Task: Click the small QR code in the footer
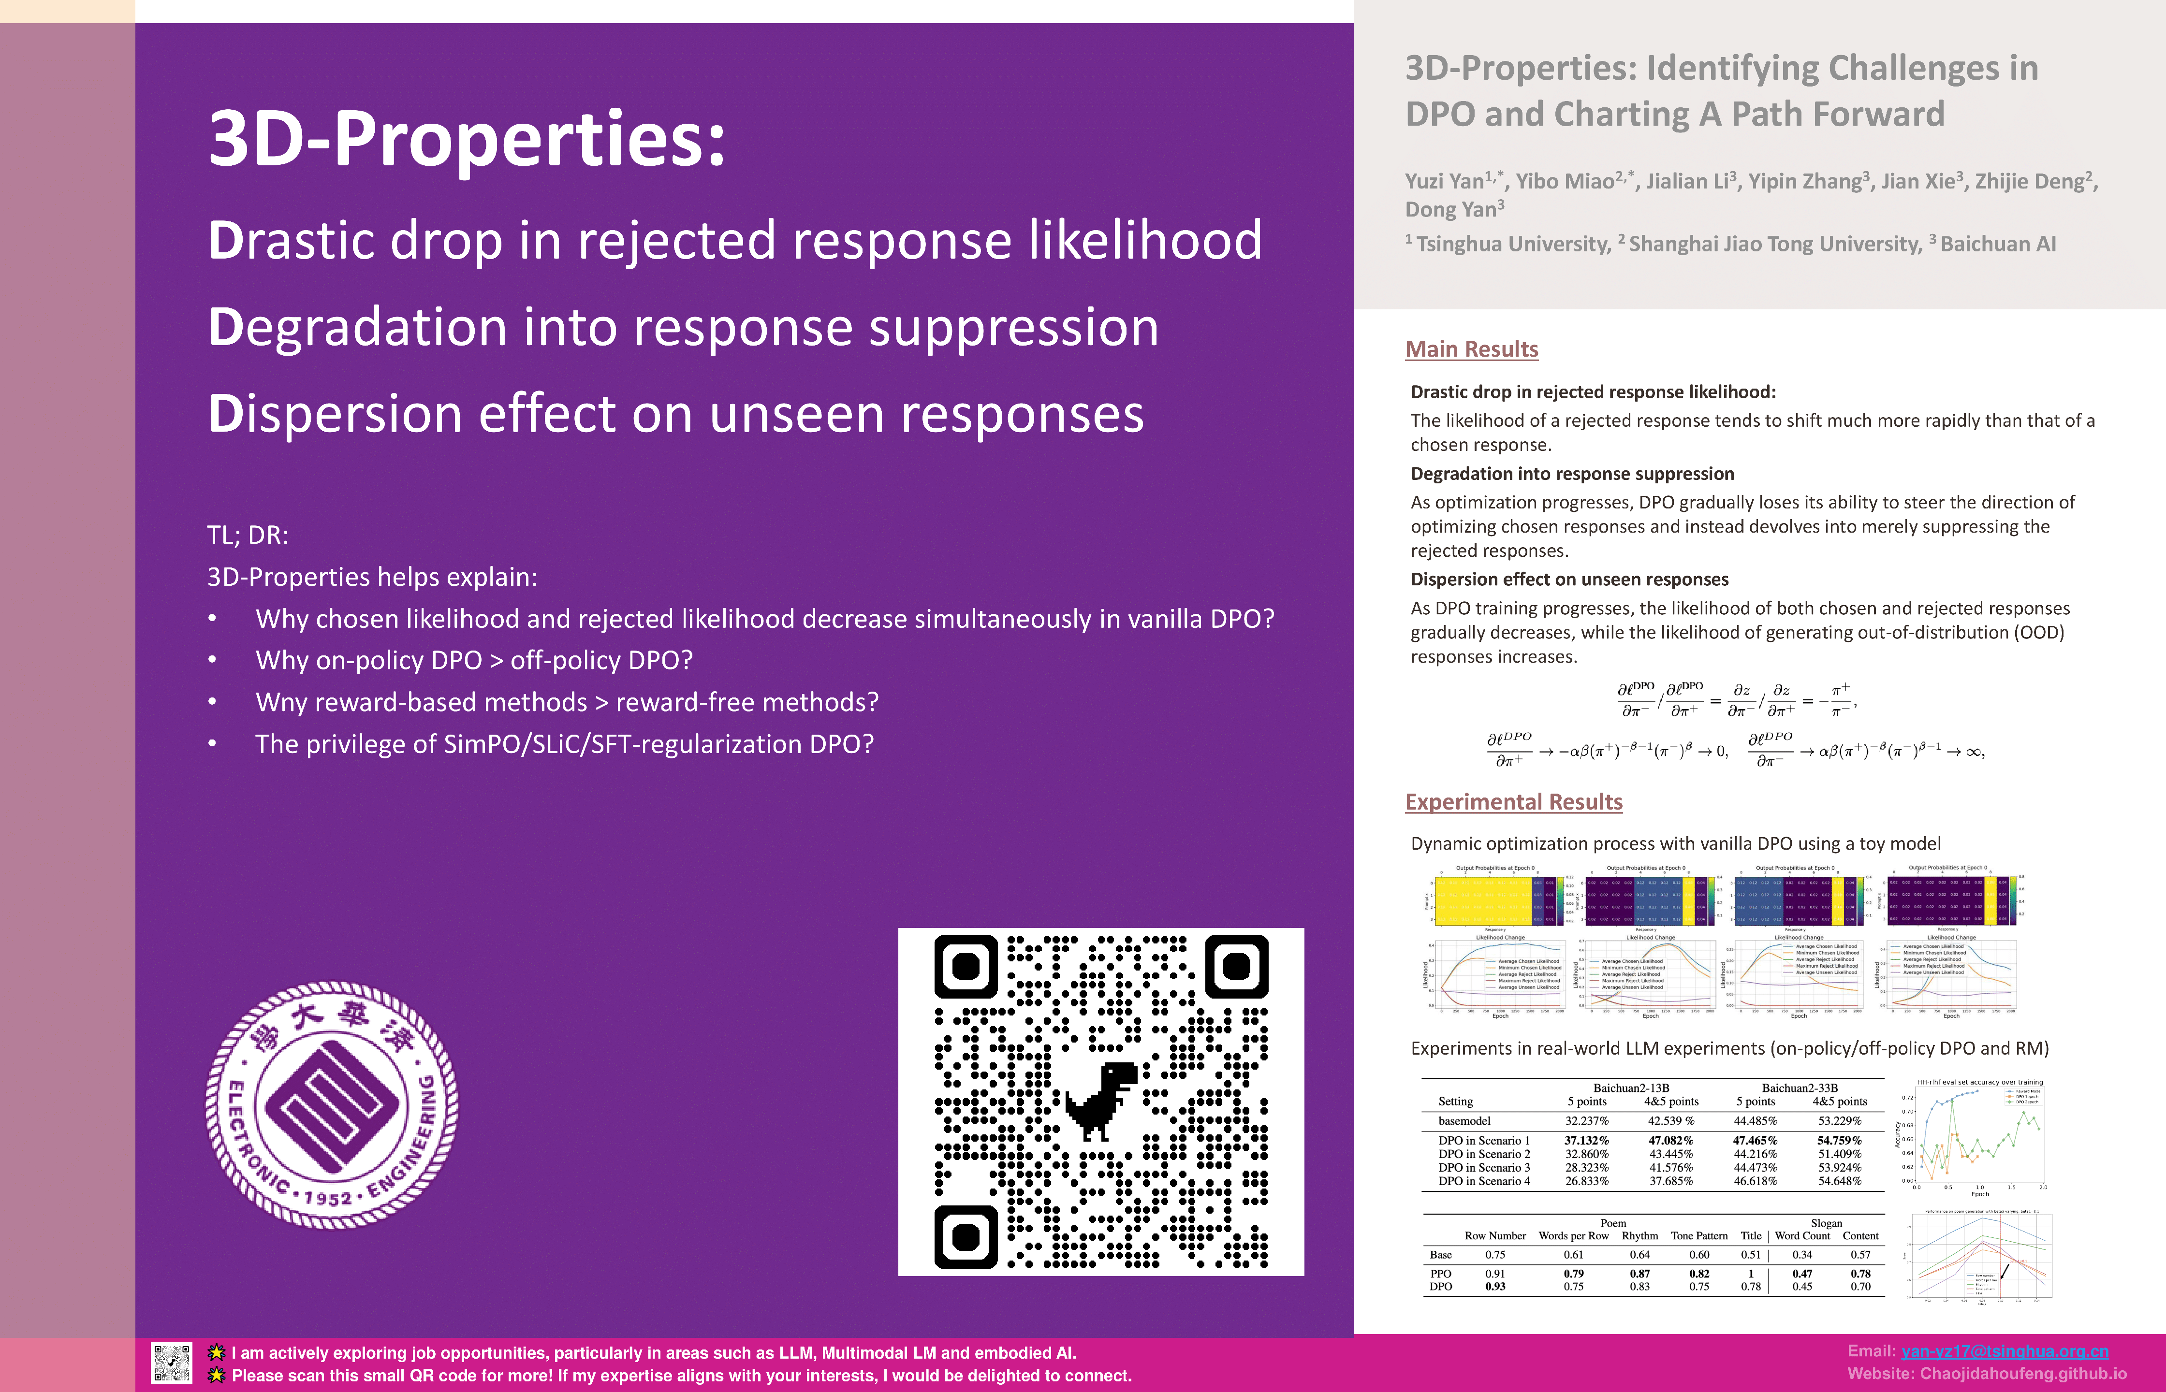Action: click(x=172, y=1363)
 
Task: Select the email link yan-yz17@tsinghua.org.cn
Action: click(x=2004, y=1351)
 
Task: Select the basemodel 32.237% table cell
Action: click(x=1586, y=1121)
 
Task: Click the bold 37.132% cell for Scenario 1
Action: click(x=1586, y=1141)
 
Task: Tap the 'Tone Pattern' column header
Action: click(x=1698, y=1235)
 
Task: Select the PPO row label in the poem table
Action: click(x=1441, y=1274)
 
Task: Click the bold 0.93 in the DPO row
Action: click(x=1495, y=1286)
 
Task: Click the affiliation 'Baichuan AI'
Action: click(x=1998, y=244)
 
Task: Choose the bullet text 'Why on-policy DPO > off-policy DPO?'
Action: click(x=474, y=661)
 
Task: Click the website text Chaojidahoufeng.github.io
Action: click(x=2023, y=1374)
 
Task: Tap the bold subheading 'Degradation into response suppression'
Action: click(x=1572, y=474)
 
